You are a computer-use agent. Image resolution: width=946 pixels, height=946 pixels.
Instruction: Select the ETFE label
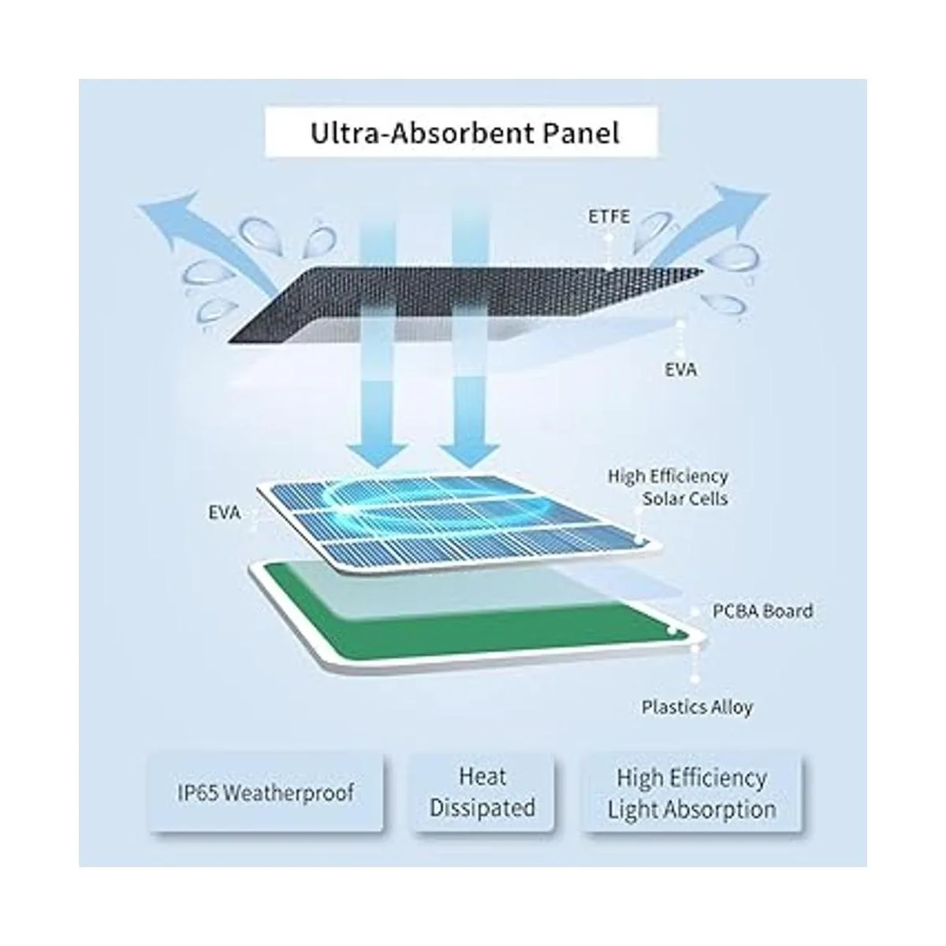pyautogui.click(x=609, y=215)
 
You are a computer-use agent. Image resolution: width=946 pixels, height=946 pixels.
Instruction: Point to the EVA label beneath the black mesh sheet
pyautogui.click(x=680, y=368)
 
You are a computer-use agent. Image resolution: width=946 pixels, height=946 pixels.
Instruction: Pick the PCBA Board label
pyautogui.click(x=762, y=610)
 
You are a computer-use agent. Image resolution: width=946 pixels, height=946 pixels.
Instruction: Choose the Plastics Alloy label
pyautogui.click(x=697, y=707)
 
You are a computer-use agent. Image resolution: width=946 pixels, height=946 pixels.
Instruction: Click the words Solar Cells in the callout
pyautogui.click(x=684, y=499)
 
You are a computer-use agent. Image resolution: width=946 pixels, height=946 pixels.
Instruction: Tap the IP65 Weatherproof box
pyautogui.click(x=266, y=792)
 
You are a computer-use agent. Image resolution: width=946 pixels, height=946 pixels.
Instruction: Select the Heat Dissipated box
pyautogui.click(x=482, y=792)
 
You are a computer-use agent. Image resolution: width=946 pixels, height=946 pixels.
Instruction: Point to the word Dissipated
pyautogui.click(x=482, y=808)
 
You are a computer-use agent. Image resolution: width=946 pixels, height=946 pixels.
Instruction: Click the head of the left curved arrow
pyautogui.click(x=158, y=210)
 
